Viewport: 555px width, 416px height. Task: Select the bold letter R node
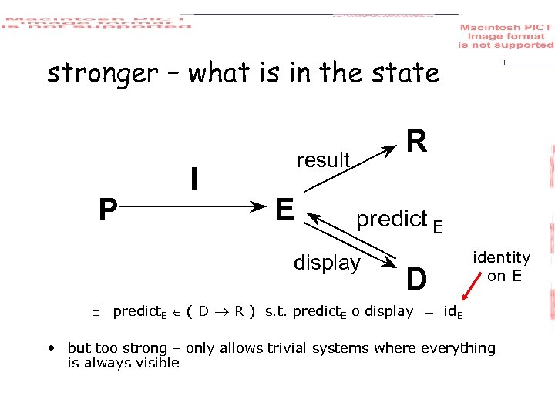(x=416, y=142)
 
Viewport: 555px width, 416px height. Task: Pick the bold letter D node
(x=416, y=279)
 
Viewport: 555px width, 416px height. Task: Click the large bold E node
(x=284, y=209)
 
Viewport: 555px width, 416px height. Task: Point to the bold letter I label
(x=195, y=179)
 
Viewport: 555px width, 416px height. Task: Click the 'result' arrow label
(x=323, y=160)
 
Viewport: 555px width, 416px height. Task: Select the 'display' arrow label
(x=327, y=263)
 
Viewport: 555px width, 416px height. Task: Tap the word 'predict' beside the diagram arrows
(x=391, y=220)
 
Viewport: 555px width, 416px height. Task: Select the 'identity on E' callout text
(x=502, y=266)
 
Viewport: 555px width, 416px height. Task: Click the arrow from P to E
(x=193, y=206)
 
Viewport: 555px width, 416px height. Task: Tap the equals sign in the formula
(x=426, y=311)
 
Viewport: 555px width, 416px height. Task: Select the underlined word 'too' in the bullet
(x=106, y=348)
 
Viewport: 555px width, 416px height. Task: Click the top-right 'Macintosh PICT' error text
(x=506, y=36)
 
